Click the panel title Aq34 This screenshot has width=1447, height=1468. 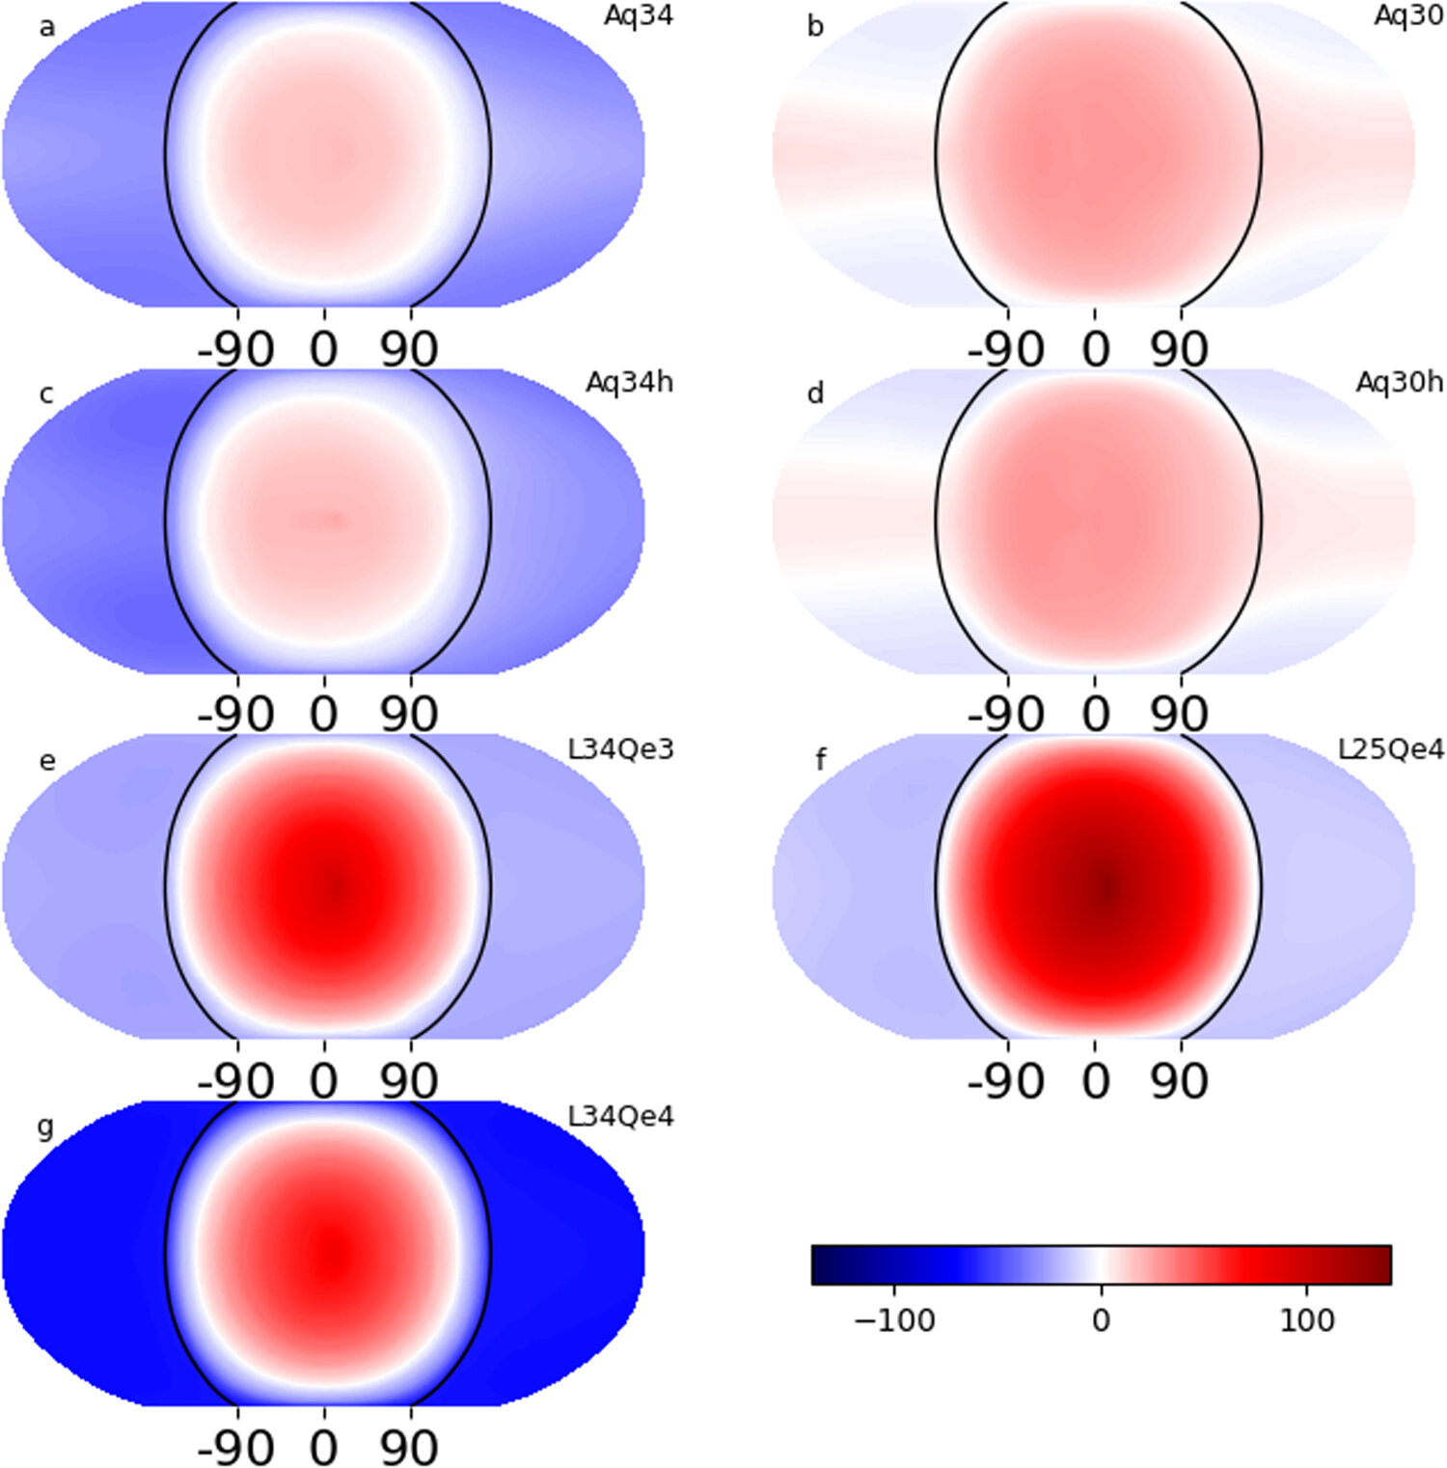tap(638, 16)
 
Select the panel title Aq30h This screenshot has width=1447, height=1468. tap(1399, 383)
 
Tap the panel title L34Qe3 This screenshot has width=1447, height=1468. tap(620, 749)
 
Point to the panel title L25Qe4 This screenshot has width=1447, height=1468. tap(1390, 749)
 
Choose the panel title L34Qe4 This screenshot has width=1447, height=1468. tap(620, 1117)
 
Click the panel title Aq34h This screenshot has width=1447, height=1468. tap(629, 383)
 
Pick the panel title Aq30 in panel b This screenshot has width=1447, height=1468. tap(1408, 16)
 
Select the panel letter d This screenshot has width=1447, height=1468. tap(816, 394)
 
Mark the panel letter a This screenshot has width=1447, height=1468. tap(46, 27)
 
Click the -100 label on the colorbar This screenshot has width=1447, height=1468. tap(894, 1320)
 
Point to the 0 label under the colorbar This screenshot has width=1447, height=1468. tap(1101, 1320)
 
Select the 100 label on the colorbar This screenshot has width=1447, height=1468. tap(1307, 1320)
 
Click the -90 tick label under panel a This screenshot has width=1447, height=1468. tap(235, 349)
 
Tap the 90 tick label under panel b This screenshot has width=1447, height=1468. tap(1179, 349)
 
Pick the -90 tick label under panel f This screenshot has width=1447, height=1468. tap(1005, 1081)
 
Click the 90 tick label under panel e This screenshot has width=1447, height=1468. tap(409, 1081)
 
